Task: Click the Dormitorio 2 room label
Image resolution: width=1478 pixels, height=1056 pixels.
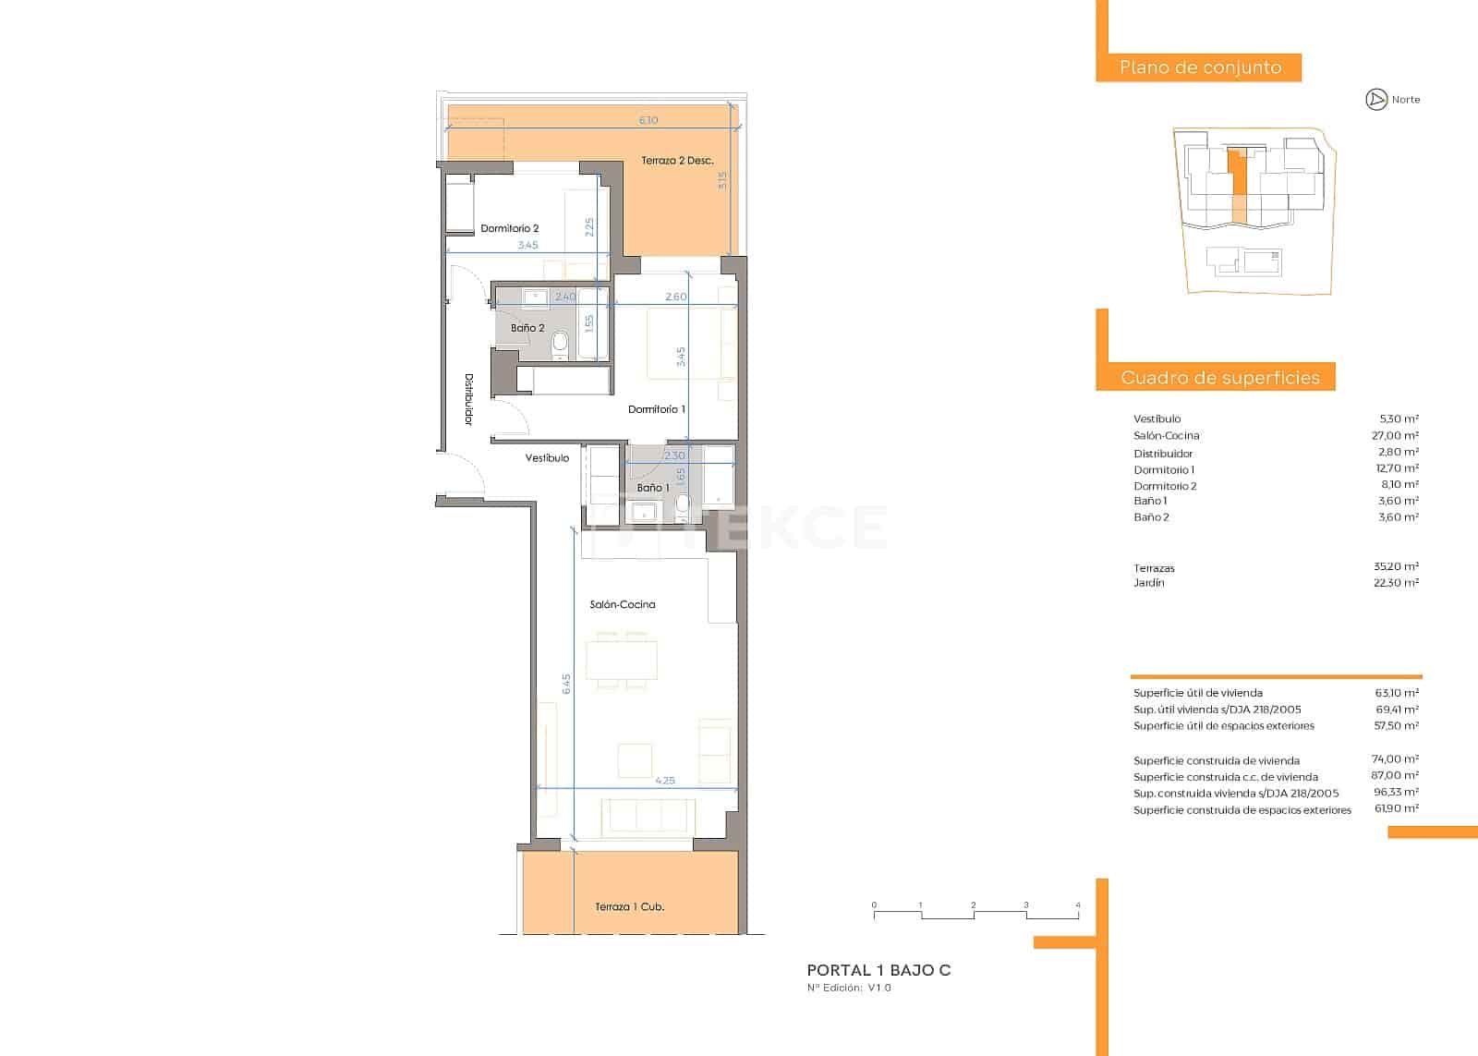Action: [x=509, y=228]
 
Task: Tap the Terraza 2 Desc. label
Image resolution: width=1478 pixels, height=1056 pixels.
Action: [x=677, y=161]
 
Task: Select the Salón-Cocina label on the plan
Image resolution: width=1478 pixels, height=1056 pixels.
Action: [x=623, y=604]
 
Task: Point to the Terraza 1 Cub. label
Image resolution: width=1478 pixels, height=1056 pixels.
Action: [x=629, y=906]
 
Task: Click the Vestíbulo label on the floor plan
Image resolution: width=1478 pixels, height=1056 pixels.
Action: [x=547, y=457]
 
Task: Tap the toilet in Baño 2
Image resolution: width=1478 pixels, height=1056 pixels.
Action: [x=559, y=346]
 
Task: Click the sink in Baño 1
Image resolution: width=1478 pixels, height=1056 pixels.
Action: [x=642, y=511]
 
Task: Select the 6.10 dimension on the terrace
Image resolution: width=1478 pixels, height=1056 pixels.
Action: [x=648, y=120]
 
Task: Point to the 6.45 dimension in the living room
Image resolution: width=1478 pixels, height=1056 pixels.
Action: [x=566, y=684]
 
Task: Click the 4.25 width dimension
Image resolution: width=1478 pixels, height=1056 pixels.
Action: [x=664, y=781]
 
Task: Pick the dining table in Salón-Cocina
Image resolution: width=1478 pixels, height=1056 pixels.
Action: [x=625, y=660]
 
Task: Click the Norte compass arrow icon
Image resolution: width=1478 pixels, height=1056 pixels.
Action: [x=1376, y=100]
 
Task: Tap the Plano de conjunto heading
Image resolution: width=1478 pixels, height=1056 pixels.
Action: [x=1199, y=67]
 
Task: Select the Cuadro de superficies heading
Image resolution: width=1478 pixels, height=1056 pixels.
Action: [x=1219, y=377]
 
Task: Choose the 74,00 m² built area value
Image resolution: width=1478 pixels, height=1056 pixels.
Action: [x=1395, y=759]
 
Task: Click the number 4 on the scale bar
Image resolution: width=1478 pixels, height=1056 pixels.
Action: [x=1078, y=905]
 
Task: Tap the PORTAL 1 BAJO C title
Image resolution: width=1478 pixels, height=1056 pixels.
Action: [x=878, y=970]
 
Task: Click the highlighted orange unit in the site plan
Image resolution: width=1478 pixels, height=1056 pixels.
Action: [x=1238, y=185]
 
